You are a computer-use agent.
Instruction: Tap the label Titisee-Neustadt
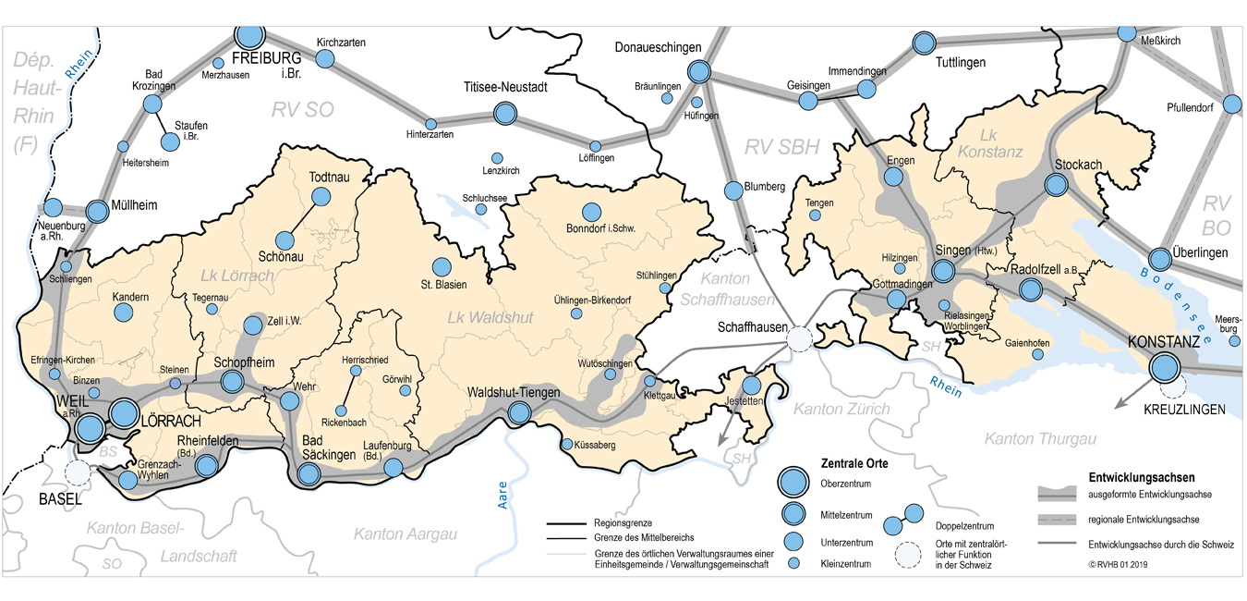coord(505,88)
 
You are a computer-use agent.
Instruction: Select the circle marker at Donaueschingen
coord(699,71)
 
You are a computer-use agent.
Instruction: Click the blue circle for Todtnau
coord(321,196)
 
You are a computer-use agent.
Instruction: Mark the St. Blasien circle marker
coord(442,266)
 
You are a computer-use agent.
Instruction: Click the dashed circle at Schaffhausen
coord(800,339)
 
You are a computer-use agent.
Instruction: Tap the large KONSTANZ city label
coord(1163,342)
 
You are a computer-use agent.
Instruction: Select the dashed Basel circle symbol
coord(79,472)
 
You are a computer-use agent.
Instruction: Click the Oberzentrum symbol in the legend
coord(791,481)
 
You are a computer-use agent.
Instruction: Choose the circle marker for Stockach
coord(1056,185)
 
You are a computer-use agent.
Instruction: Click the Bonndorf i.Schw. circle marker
coord(590,212)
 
